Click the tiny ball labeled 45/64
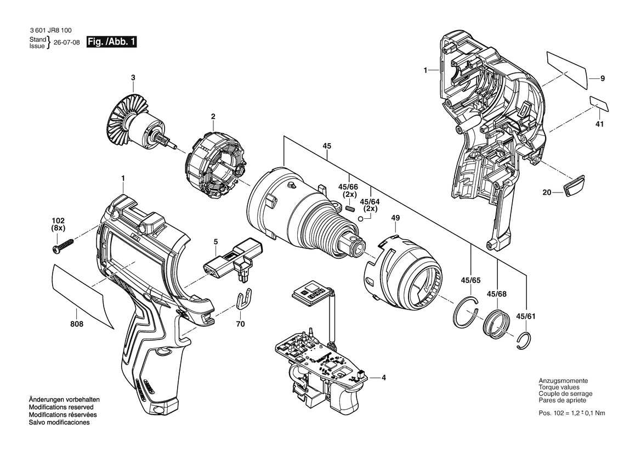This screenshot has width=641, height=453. tap(361, 219)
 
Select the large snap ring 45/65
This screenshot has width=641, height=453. tap(465, 313)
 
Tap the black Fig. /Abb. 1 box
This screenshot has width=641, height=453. tap(111, 42)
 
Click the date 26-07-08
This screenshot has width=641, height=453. tap(67, 43)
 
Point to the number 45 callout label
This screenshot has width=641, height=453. tap(327, 146)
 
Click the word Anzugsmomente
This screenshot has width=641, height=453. tap(563, 381)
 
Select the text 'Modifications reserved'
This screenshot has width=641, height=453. tap(61, 407)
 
